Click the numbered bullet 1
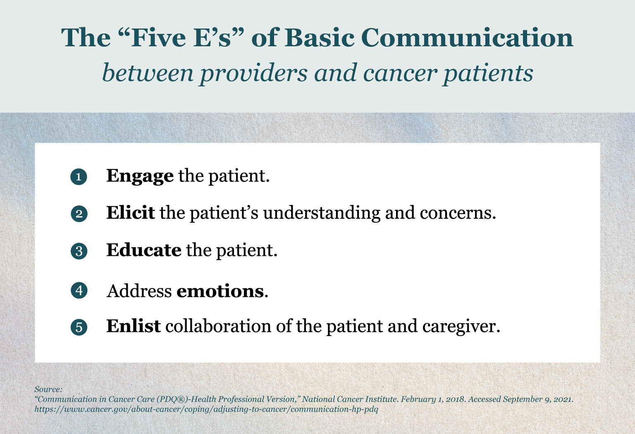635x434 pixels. (x=79, y=177)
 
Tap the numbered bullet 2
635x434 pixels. (x=79, y=214)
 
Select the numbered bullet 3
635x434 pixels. (x=79, y=251)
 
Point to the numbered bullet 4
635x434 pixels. (x=79, y=291)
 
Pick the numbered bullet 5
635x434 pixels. (x=79, y=327)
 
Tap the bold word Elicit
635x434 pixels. (x=130, y=213)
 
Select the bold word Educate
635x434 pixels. (x=143, y=250)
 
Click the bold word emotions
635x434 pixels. (x=220, y=291)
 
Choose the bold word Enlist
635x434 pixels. (x=133, y=326)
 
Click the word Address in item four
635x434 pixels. (x=139, y=291)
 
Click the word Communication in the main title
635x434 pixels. (x=467, y=38)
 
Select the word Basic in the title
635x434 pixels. (x=319, y=38)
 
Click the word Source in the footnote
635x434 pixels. (x=48, y=389)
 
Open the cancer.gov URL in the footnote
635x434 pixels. (x=206, y=409)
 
